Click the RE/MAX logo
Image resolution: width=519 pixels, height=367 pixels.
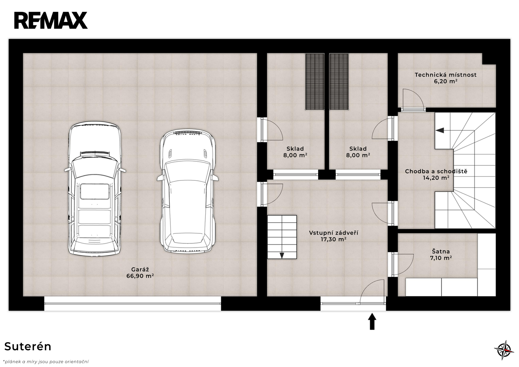click(x=51, y=20)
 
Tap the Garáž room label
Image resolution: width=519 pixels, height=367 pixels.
click(x=140, y=269)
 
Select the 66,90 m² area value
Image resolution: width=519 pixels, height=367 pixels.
click(x=140, y=276)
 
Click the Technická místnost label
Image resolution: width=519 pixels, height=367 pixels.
click(x=446, y=75)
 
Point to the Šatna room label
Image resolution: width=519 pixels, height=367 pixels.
click(x=441, y=251)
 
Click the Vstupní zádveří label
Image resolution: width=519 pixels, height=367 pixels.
click(x=333, y=233)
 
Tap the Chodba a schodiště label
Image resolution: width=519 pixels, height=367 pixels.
click(x=436, y=171)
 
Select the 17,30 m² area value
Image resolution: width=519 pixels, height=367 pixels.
click(x=333, y=239)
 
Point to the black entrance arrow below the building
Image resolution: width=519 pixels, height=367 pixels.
click(x=372, y=321)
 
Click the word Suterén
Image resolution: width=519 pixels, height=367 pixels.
click(x=28, y=347)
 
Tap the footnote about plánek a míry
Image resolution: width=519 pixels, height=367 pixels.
click(x=46, y=362)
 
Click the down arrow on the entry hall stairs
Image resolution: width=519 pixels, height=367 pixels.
click(x=282, y=255)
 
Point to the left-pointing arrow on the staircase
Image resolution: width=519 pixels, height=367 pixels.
click(x=440, y=130)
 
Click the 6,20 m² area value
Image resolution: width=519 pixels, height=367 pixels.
click(x=446, y=81)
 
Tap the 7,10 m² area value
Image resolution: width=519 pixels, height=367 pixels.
click(x=441, y=258)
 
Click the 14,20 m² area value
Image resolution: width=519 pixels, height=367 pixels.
click(x=436, y=178)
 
